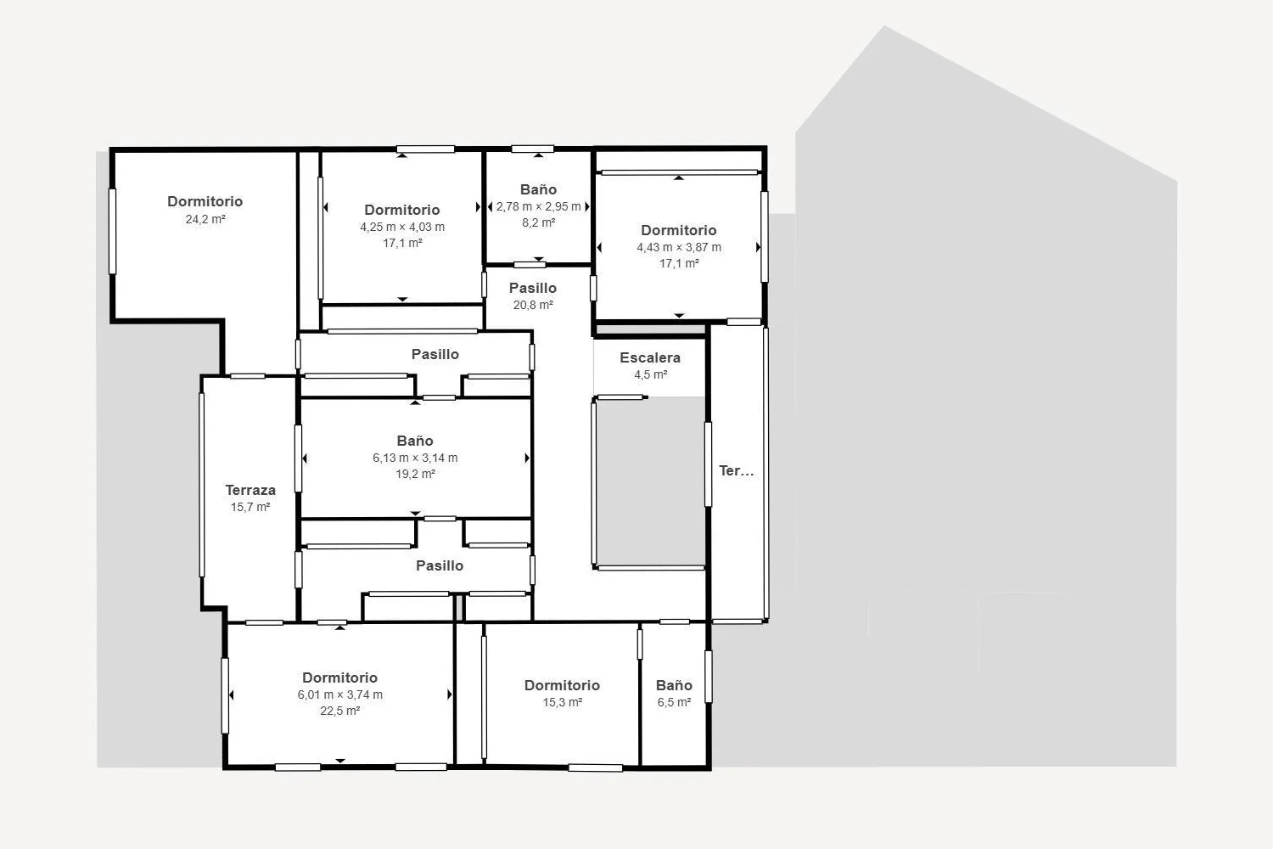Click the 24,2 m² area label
[205, 219]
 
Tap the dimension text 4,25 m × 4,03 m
[402, 227]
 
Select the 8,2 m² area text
[538, 222]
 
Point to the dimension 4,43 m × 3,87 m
[679, 247]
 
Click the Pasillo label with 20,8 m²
[532, 288]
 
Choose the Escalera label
[650, 357]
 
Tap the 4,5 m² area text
[650, 374]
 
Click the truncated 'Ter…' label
[737, 470]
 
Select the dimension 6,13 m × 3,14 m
[415, 458]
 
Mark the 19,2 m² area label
[415, 474]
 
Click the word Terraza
[250, 490]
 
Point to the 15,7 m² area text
[250, 507]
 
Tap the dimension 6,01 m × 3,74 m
[339, 694]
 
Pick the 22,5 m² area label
[339, 711]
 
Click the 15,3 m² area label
[562, 702]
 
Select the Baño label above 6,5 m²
[674, 685]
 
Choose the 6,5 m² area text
[674, 702]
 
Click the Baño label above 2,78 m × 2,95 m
[538, 189]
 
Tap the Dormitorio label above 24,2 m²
[205, 201]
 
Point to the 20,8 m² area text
[532, 305]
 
